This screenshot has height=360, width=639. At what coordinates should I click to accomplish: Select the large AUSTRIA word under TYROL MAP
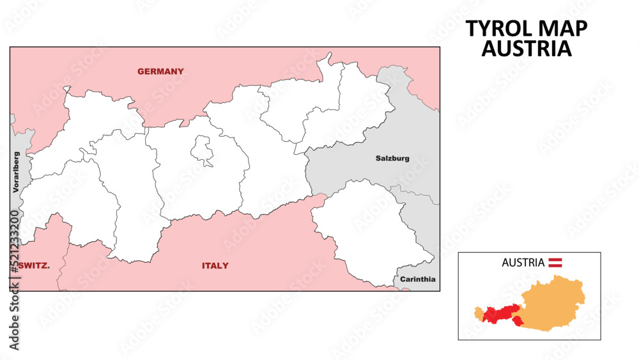tap(527, 49)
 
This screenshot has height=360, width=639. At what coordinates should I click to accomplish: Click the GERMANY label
tap(160, 71)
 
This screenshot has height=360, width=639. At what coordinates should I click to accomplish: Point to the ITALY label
tap(215, 265)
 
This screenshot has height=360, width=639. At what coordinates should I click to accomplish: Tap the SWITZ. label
tap(35, 265)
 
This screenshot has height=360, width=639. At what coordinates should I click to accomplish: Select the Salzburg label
tap(392, 158)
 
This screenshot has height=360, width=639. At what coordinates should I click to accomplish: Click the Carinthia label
tap(418, 279)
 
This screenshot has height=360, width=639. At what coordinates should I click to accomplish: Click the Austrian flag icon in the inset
tap(556, 262)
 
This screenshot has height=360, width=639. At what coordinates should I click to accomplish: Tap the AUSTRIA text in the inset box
tap(523, 262)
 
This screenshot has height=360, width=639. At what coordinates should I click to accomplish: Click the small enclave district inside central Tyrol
tap(203, 150)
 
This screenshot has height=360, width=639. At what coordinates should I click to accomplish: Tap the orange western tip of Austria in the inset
tap(479, 313)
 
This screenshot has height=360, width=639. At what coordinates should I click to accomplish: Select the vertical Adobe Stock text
tap(14, 320)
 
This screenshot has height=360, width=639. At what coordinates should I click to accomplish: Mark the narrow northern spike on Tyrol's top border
tap(328, 58)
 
